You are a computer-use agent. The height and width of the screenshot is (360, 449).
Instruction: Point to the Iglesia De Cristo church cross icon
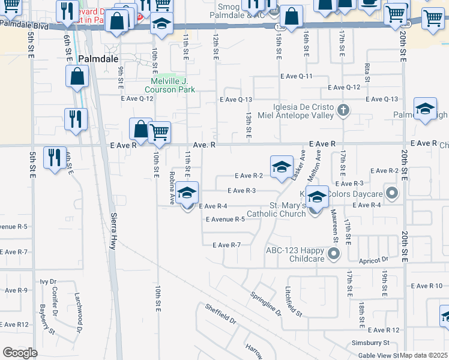(343, 110)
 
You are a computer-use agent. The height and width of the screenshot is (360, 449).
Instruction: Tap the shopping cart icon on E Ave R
(159, 131)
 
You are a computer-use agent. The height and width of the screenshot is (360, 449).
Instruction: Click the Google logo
(20, 353)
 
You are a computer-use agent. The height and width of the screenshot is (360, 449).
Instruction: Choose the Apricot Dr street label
(375, 260)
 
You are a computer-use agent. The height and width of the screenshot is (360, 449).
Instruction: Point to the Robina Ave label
(172, 187)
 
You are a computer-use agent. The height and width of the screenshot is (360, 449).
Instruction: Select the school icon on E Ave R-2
(282, 166)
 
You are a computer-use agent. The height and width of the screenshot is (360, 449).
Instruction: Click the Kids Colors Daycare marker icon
(393, 193)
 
